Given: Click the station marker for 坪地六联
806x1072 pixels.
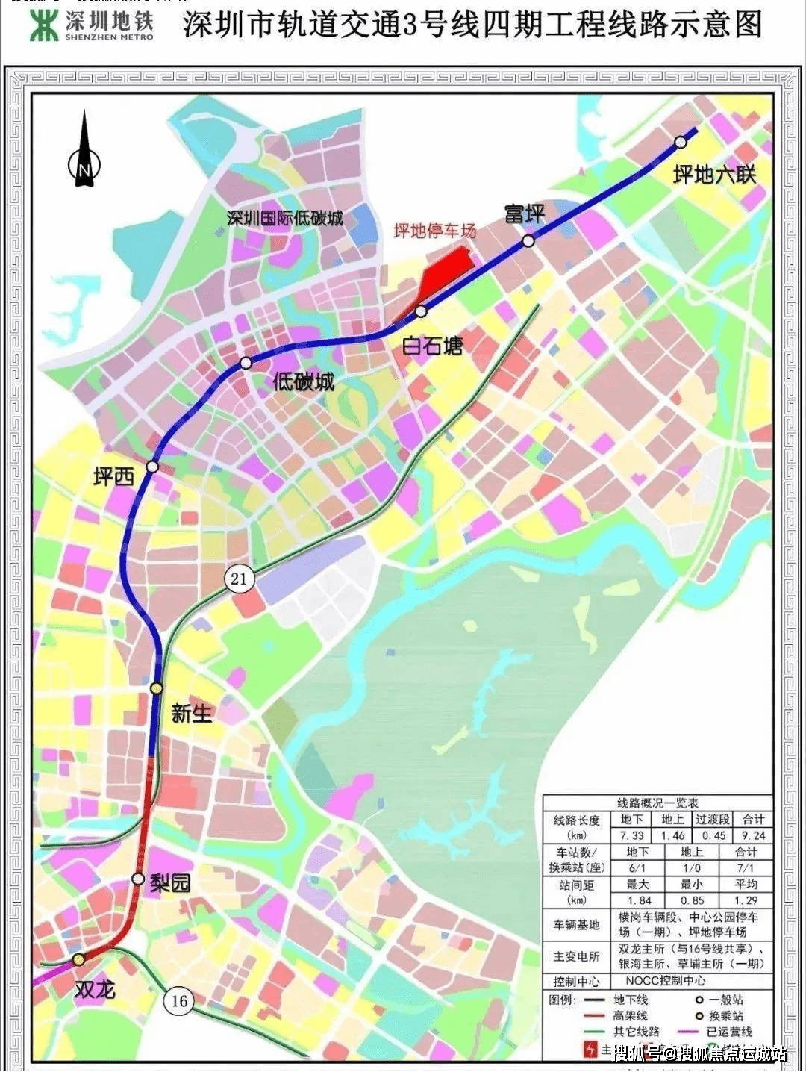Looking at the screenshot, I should point(680,142).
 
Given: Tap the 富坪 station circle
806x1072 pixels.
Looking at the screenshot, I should point(528,240).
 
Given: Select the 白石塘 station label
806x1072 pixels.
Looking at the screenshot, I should point(432,346).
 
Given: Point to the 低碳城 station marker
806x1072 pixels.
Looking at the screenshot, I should point(246,363).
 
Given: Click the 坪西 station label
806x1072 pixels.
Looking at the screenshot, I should point(113,476).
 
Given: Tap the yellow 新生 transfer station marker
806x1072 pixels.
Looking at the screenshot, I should point(156,688).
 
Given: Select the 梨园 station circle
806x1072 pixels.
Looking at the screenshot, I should point(138,879).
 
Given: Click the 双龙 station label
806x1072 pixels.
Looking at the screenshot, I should point(96,989).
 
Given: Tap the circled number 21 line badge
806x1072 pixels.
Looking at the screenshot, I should point(239,579).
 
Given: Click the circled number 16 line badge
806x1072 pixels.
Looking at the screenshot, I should point(179,1001).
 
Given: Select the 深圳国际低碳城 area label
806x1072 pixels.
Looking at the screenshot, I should point(284,218).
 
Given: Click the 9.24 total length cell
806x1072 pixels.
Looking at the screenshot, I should point(752,836).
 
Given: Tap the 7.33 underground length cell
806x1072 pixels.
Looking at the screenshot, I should point(631,836).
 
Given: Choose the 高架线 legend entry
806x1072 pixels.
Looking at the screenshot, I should point(630,1016).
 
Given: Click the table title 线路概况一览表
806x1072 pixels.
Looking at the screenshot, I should point(657,803).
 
